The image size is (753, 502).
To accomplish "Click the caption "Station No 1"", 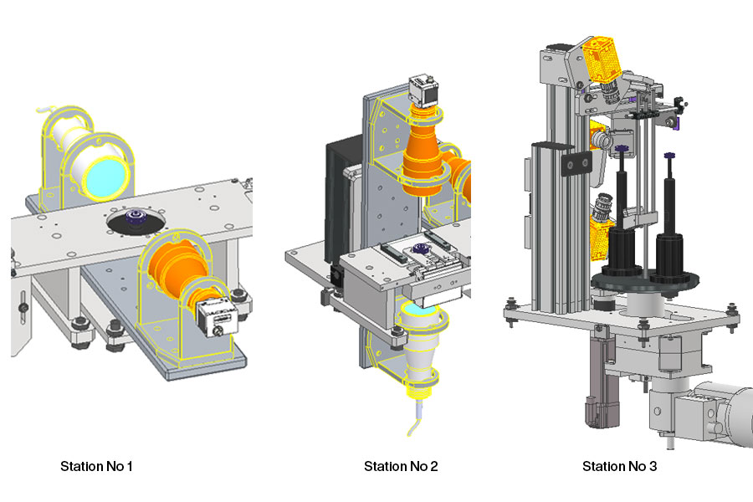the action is [96, 466].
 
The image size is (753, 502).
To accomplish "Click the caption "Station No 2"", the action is [401, 466].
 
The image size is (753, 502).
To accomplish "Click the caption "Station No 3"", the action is [619, 466].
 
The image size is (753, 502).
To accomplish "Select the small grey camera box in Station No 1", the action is [218, 317].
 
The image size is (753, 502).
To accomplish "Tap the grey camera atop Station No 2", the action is [423, 90].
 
